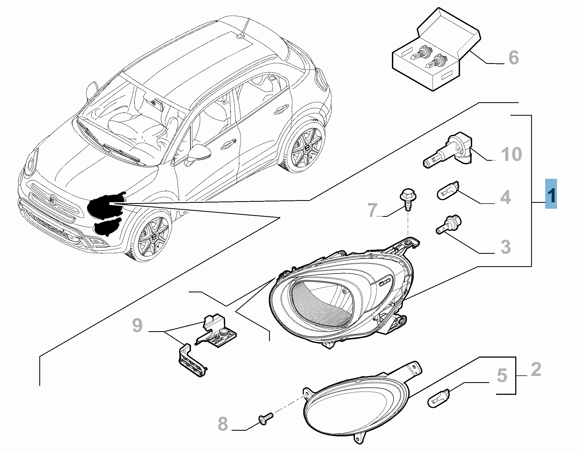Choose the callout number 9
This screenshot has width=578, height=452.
[x=137, y=326]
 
